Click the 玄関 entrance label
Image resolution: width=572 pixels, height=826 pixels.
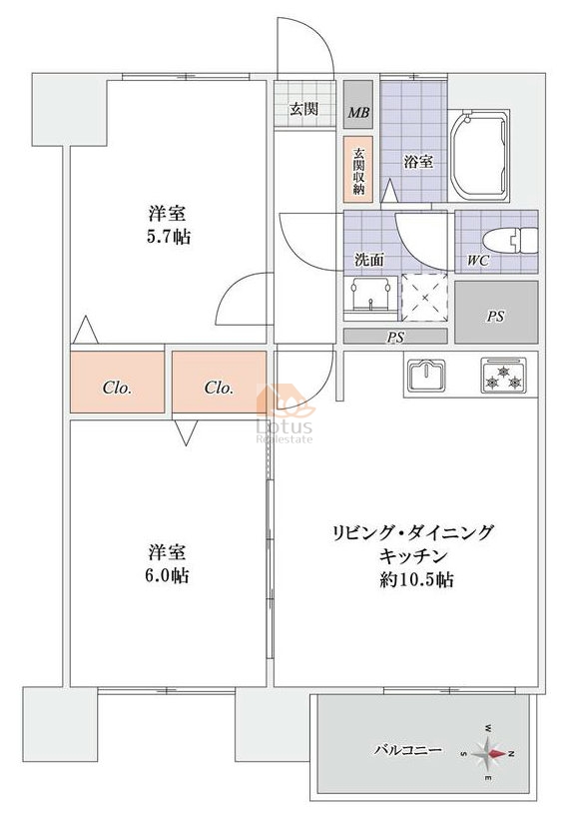304,109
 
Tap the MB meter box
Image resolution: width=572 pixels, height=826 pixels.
358,104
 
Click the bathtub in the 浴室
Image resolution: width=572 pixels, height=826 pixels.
478,156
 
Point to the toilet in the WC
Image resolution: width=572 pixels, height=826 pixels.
510,241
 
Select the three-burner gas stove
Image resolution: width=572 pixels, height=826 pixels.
503,375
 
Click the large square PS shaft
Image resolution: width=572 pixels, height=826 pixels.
496,313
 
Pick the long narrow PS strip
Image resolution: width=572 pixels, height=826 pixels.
395,336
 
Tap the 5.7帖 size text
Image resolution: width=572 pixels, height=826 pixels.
168,238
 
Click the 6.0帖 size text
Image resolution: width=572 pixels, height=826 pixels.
167,575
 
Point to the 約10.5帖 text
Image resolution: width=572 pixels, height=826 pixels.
416,580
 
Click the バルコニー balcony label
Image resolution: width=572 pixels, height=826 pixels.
408,750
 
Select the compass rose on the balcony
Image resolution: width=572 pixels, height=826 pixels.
489,754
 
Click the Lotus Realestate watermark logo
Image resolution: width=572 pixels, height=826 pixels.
285,414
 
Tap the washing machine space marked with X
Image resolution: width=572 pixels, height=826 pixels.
424,297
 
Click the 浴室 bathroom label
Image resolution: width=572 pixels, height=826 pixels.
418,162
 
